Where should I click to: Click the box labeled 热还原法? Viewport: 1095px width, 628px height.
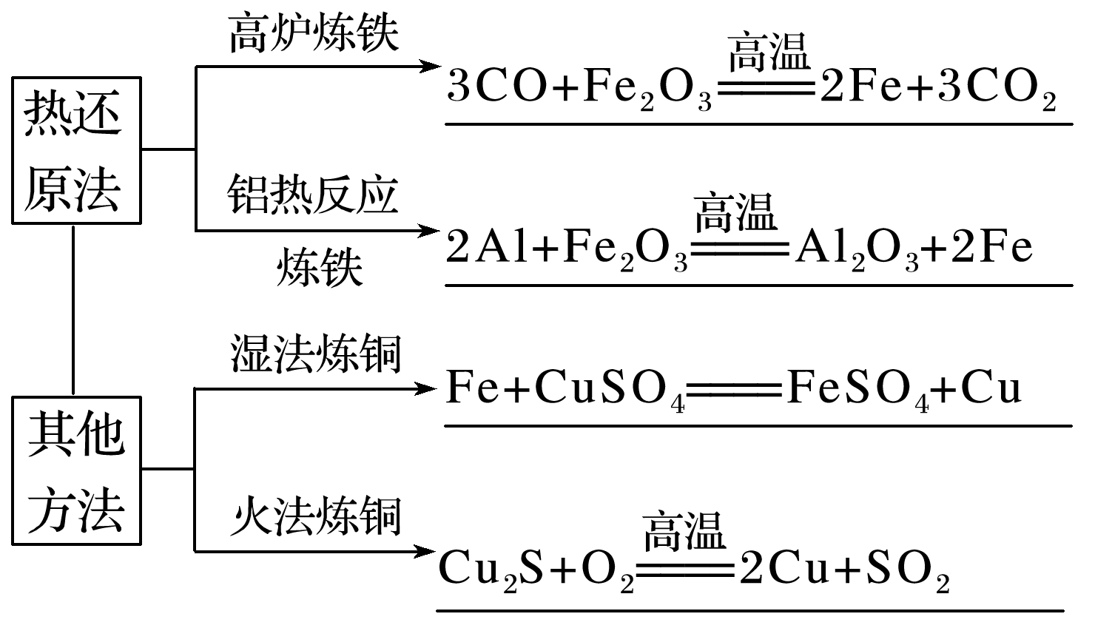(x=76, y=150)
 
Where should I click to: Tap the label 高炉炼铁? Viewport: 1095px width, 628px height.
(x=313, y=34)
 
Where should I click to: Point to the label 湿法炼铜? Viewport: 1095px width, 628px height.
(x=316, y=354)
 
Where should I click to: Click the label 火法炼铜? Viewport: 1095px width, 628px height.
(x=316, y=516)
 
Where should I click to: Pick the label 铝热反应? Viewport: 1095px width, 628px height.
(x=313, y=195)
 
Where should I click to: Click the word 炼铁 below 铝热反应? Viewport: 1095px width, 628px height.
(x=320, y=267)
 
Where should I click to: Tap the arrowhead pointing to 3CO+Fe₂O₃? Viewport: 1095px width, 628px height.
(x=428, y=66)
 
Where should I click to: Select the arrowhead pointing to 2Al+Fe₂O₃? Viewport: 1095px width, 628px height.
(x=428, y=231)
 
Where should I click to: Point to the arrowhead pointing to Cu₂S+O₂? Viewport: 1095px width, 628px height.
(x=425, y=551)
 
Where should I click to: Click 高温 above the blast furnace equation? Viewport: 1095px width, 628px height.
(x=769, y=54)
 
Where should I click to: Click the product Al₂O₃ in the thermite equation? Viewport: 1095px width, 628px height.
(x=857, y=250)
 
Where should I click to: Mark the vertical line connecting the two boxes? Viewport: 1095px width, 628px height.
(x=73, y=310)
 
